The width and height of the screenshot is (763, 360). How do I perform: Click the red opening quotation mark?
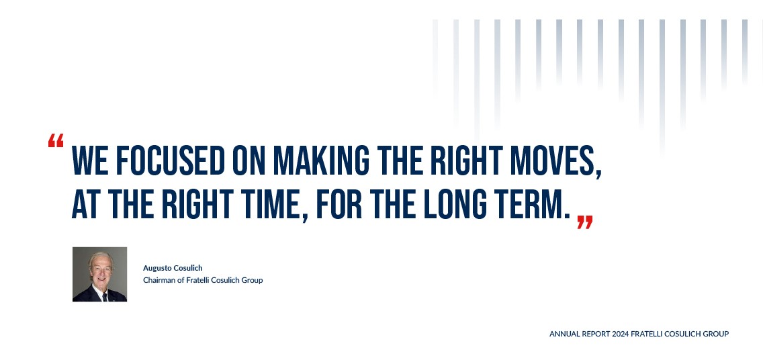(x=56, y=140)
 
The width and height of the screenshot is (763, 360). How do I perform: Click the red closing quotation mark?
(x=585, y=222)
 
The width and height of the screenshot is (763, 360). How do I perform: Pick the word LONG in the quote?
(x=455, y=204)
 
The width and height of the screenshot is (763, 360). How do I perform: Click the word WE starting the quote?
(x=90, y=160)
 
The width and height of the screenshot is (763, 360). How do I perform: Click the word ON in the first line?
(x=249, y=160)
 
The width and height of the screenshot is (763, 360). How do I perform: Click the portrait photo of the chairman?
(x=100, y=275)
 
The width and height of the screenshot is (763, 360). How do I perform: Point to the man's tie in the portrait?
(x=105, y=297)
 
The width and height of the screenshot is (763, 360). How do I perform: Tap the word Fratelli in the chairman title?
(x=197, y=280)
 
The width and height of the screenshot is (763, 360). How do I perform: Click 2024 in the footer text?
(x=621, y=334)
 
